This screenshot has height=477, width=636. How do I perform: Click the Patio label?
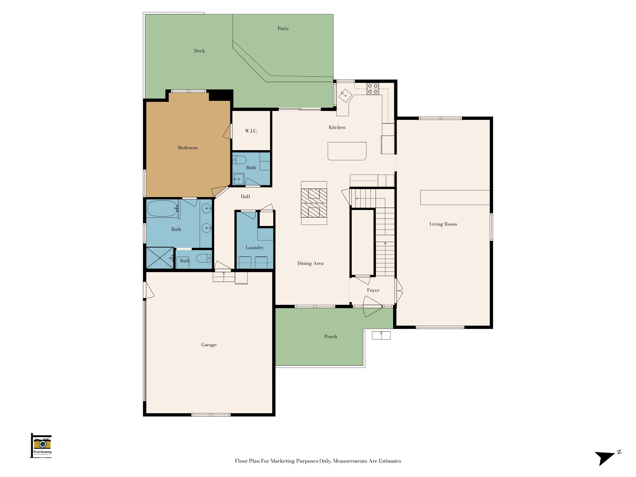[x=283, y=28]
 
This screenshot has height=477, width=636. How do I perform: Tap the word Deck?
[x=199, y=51]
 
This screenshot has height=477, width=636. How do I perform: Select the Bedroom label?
[x=188, y=148]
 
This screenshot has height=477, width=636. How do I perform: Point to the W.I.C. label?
[x=251, y=131]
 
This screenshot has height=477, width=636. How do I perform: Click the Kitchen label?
[x=337, y=127]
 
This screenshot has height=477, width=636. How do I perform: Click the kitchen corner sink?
[x=345, y=95]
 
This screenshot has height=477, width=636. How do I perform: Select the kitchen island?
[x=347, y=151]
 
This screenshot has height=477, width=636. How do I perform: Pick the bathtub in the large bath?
[x=163, y=209]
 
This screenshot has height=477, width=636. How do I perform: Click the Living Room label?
[x=443, y=224]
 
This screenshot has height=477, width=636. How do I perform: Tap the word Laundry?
[x=255, y=248]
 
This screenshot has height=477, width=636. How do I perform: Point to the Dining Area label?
[x=310, y=263]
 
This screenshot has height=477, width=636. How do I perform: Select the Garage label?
[x=209, y=345]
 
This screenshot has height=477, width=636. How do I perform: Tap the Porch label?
[x=331, y=337]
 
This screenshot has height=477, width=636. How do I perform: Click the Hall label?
[x=245, y=197]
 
